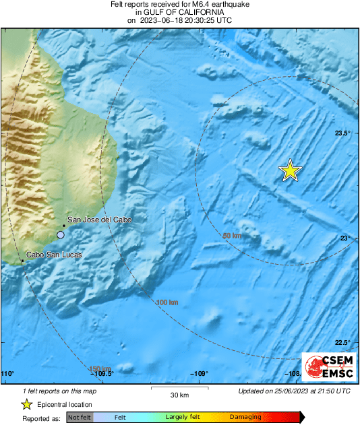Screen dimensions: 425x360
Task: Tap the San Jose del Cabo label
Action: coord(99,220)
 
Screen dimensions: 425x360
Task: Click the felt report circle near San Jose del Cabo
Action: coord(61,234)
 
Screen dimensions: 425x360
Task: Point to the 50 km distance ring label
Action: coord(231,236)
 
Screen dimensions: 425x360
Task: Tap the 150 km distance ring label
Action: coord(99,368)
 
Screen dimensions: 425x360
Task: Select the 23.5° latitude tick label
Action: coord(343,133)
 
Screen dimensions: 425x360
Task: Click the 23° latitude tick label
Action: coord(344,238)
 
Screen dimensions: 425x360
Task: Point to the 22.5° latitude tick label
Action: coord(343,342)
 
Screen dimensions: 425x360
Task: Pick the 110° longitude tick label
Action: coord(8,374)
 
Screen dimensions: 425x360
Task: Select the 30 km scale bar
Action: coord(179,389)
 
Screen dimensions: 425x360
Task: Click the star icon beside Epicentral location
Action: coord(26,404)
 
